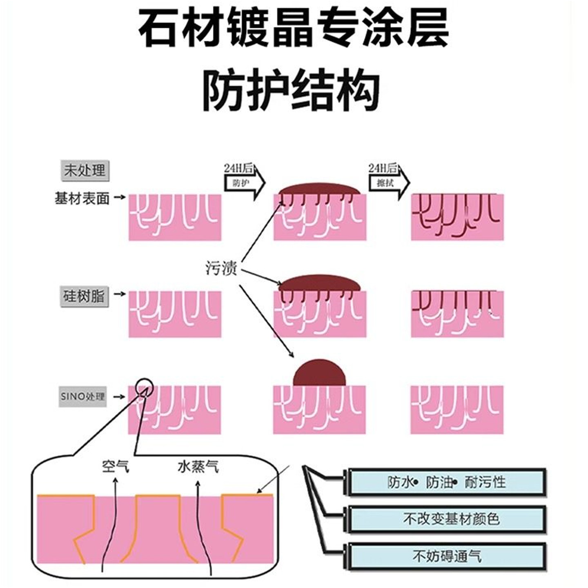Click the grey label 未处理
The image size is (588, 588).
85,170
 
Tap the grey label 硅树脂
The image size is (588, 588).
84,296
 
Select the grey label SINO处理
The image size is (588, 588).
83,396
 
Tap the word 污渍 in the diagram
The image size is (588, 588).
221,268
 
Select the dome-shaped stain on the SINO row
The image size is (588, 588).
319,373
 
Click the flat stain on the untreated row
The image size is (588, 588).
319,189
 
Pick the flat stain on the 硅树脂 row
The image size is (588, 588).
319,283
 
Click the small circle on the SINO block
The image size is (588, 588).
144,386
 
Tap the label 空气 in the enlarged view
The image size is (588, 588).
116,466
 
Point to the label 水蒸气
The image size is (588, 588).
198,466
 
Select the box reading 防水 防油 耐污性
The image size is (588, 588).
447,482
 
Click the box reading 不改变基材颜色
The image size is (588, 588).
447,519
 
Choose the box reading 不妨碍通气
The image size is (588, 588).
447,556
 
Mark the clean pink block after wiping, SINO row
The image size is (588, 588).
457,409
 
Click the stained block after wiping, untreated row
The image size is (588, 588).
457,217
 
